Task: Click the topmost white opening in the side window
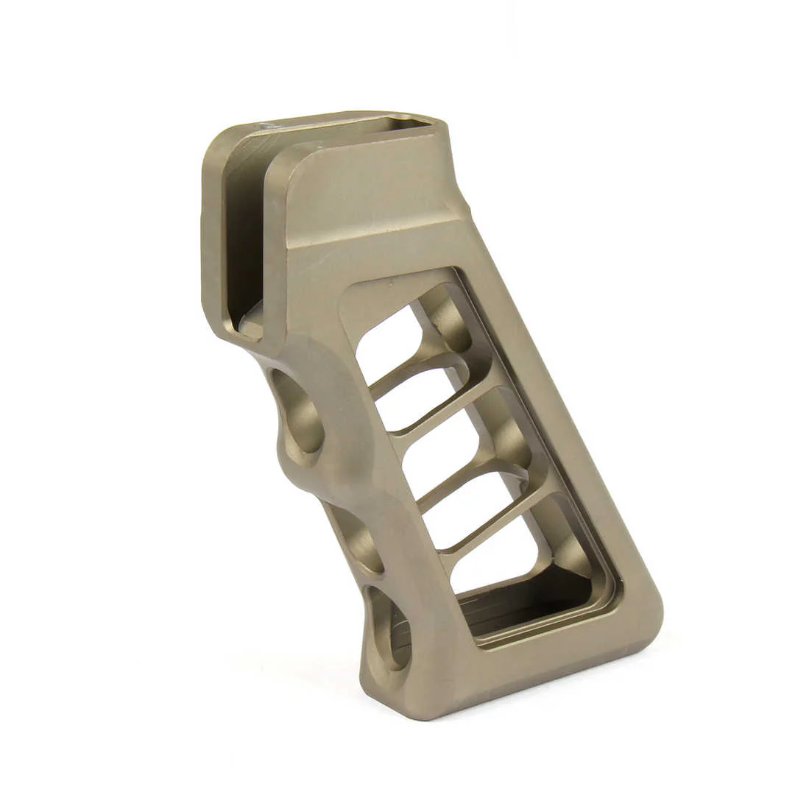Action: tap(387, 342)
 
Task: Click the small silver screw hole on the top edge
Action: tap(268, 127)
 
